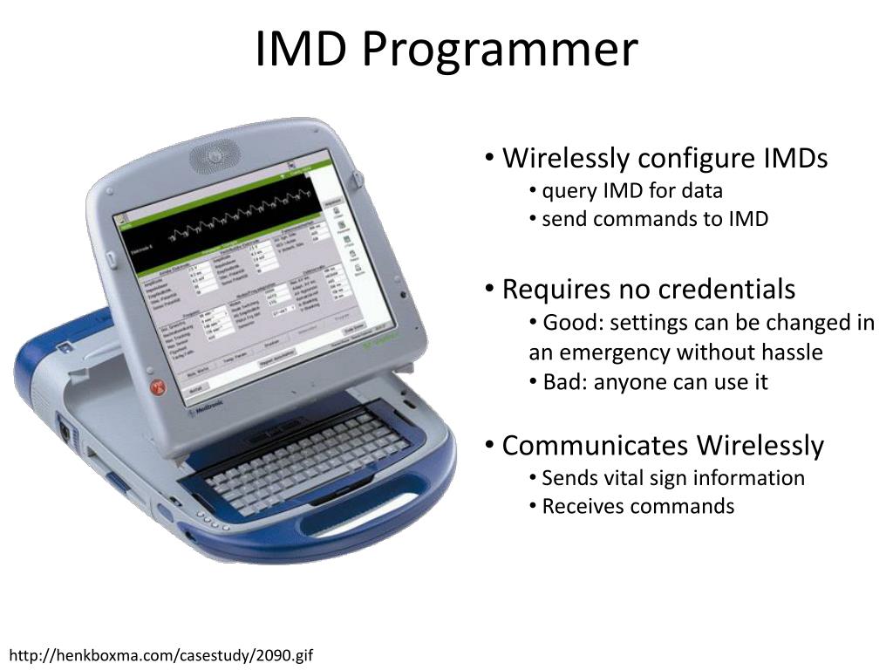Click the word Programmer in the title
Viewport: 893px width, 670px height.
(499, 50)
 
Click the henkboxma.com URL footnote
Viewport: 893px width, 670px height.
(161, 654)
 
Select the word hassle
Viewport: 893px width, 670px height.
(790, 352)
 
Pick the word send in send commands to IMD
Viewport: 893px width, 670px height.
(562, 219)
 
